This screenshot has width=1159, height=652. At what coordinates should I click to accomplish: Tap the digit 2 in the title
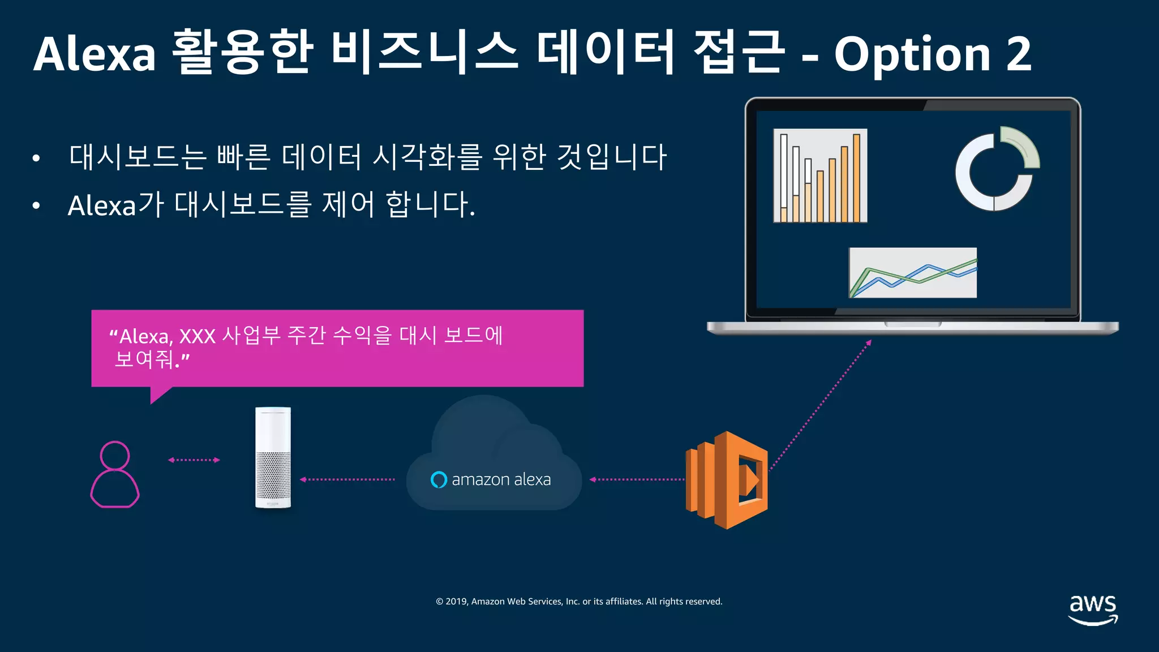point(1019,54)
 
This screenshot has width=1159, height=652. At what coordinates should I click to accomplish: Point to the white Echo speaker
point(273,457)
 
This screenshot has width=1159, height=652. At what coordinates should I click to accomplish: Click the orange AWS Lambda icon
point(727,480)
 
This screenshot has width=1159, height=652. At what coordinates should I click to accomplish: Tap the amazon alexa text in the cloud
point(501,480)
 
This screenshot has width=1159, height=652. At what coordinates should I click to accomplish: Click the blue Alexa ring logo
point(439,480)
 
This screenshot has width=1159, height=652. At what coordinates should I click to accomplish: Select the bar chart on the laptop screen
point(820,175)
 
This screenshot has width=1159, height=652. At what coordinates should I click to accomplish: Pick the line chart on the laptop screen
point(912,273)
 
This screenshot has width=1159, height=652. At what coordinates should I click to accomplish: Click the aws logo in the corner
point(1093,609)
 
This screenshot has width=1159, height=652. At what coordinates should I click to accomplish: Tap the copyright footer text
point(579,602)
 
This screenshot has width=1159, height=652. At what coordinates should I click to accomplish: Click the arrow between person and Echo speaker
point(194,460)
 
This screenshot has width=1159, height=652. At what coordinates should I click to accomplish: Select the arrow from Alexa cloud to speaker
point(347,479)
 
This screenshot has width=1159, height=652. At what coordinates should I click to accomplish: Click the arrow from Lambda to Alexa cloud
point(637,479)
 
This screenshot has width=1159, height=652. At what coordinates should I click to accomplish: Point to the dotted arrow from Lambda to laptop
point(821,405)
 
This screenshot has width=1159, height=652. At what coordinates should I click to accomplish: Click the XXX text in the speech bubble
point(198,337)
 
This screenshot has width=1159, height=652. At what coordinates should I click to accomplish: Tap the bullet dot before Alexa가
point(36,206)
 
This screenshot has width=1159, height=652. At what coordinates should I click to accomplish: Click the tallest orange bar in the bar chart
point(857,178)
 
